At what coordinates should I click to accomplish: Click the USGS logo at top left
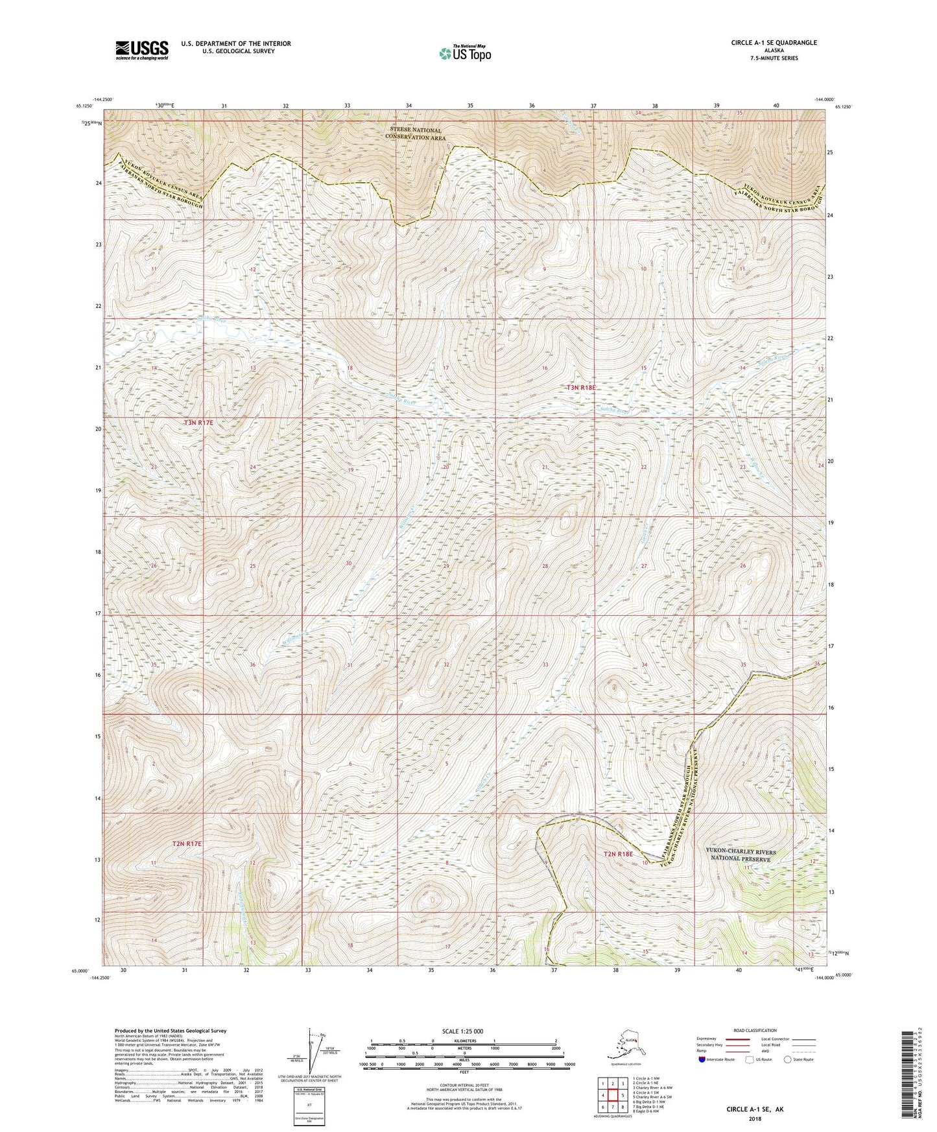click(x=142, y=50)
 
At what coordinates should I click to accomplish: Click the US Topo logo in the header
click(x=464, y=53)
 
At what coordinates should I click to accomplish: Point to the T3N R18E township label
click(x=581, y=387)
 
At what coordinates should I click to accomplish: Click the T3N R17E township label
click(x=198, y=422)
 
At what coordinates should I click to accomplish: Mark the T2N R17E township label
click(x=187, y=843)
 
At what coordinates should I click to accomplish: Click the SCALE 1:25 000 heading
click(x=463, y=1031)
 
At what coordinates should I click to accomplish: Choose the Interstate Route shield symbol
click(x=702, y=1059)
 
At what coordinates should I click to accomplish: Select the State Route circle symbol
click(x=788, y=1059)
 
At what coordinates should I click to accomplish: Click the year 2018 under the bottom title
click(x=755, y=1118)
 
